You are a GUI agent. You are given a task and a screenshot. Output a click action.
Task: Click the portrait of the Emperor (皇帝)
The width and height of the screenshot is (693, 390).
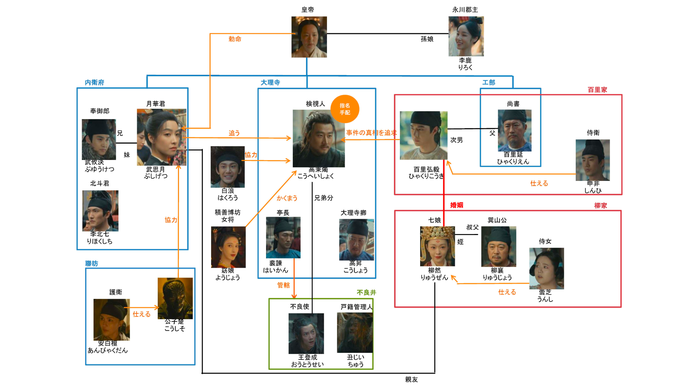click(309, 37)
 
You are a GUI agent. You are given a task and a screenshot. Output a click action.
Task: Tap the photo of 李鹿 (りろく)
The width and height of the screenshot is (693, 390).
click(466, 36)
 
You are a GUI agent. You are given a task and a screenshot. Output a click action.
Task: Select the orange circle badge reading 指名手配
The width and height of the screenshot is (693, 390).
click(345, 109)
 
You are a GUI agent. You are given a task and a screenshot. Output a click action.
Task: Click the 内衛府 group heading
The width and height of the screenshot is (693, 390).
click(95, 83)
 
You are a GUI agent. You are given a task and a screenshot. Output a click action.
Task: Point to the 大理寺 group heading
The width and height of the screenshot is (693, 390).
click(270, 83)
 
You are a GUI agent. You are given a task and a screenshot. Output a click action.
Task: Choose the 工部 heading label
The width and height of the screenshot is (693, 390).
click(489, 83)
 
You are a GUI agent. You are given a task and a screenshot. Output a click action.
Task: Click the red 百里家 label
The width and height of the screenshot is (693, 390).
click(597, 90)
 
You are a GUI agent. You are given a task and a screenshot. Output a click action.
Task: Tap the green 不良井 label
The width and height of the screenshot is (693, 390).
click(366, 292)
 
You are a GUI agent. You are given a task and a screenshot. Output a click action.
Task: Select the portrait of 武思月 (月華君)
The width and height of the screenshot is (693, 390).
click(161, 137)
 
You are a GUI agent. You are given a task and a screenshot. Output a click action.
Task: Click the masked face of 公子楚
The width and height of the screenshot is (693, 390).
click(175, 298)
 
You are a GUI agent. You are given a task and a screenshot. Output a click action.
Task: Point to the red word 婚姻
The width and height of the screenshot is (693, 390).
click(457, 205)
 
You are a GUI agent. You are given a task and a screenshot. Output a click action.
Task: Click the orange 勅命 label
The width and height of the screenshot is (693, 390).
click(235, 39)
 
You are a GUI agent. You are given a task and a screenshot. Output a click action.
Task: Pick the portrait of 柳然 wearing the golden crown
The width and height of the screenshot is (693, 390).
click(437, 246)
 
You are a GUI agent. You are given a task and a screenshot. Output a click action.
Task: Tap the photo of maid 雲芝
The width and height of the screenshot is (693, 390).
click(546, 268)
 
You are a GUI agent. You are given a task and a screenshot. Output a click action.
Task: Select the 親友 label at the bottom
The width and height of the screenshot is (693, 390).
click(411, 380)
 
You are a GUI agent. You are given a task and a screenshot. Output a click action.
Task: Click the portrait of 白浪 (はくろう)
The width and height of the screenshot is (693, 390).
click(227, 167)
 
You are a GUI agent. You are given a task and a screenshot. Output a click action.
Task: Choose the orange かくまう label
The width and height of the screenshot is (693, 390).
click(287, 198)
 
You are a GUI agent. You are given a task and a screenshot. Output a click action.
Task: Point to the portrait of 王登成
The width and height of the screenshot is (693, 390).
click(306, 333)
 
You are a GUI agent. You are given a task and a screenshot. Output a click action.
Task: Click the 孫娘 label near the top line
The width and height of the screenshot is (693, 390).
click(427, 39)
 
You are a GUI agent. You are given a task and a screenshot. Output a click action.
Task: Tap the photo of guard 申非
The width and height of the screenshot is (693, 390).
click(592, 160)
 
